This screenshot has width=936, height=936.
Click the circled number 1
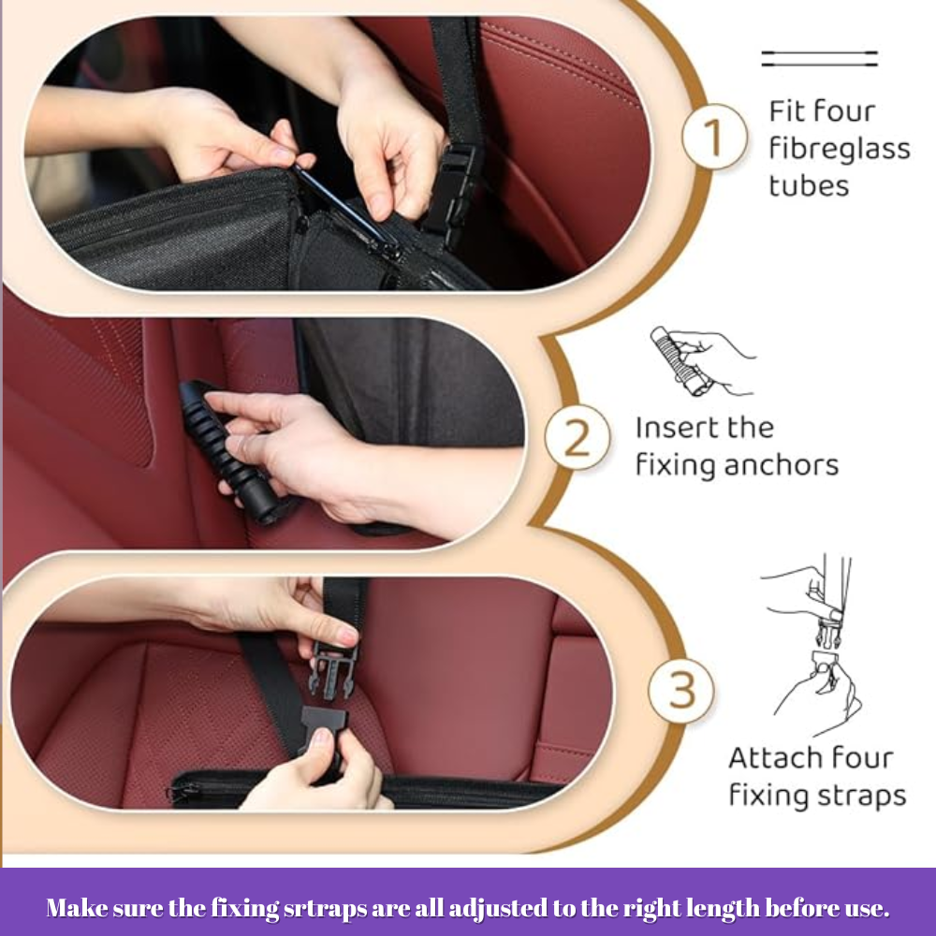pyautogui.click(x=714, y=137)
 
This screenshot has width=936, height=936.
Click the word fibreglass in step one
pyautogui.click(x=839, y=148)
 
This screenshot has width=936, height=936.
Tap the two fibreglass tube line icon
pyautogui.click(x=819, y=59)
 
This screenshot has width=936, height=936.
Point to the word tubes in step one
pyautogui.click(x=809, y=184)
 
